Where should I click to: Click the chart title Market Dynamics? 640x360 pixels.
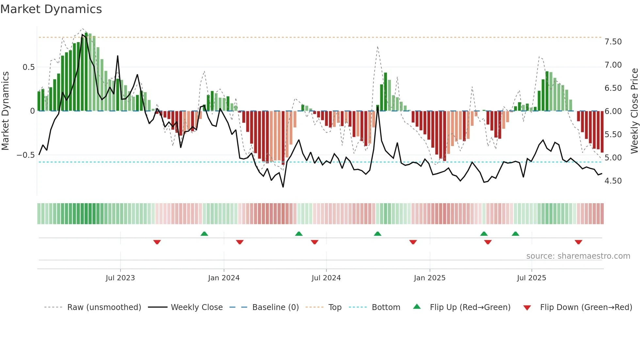(51, 9)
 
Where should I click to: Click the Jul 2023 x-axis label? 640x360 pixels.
(120, 278)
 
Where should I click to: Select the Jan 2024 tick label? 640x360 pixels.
(224, 278)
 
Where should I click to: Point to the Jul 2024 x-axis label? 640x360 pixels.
(326, 278)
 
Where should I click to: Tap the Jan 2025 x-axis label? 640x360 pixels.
(429, 278)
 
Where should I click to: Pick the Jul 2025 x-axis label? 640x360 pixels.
(531, 278)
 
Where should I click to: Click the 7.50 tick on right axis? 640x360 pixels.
(613, 42)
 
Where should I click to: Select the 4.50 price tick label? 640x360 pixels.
(613, 181)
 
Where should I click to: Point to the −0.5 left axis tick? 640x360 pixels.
(25, 155)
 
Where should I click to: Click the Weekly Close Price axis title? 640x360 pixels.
(634, 111)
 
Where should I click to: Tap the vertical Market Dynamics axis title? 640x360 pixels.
(5, 111)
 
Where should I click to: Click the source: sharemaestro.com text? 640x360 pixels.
(578, 256)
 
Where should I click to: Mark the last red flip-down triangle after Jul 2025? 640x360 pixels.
(578, 242)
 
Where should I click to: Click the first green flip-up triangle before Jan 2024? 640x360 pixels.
(204, 234)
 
